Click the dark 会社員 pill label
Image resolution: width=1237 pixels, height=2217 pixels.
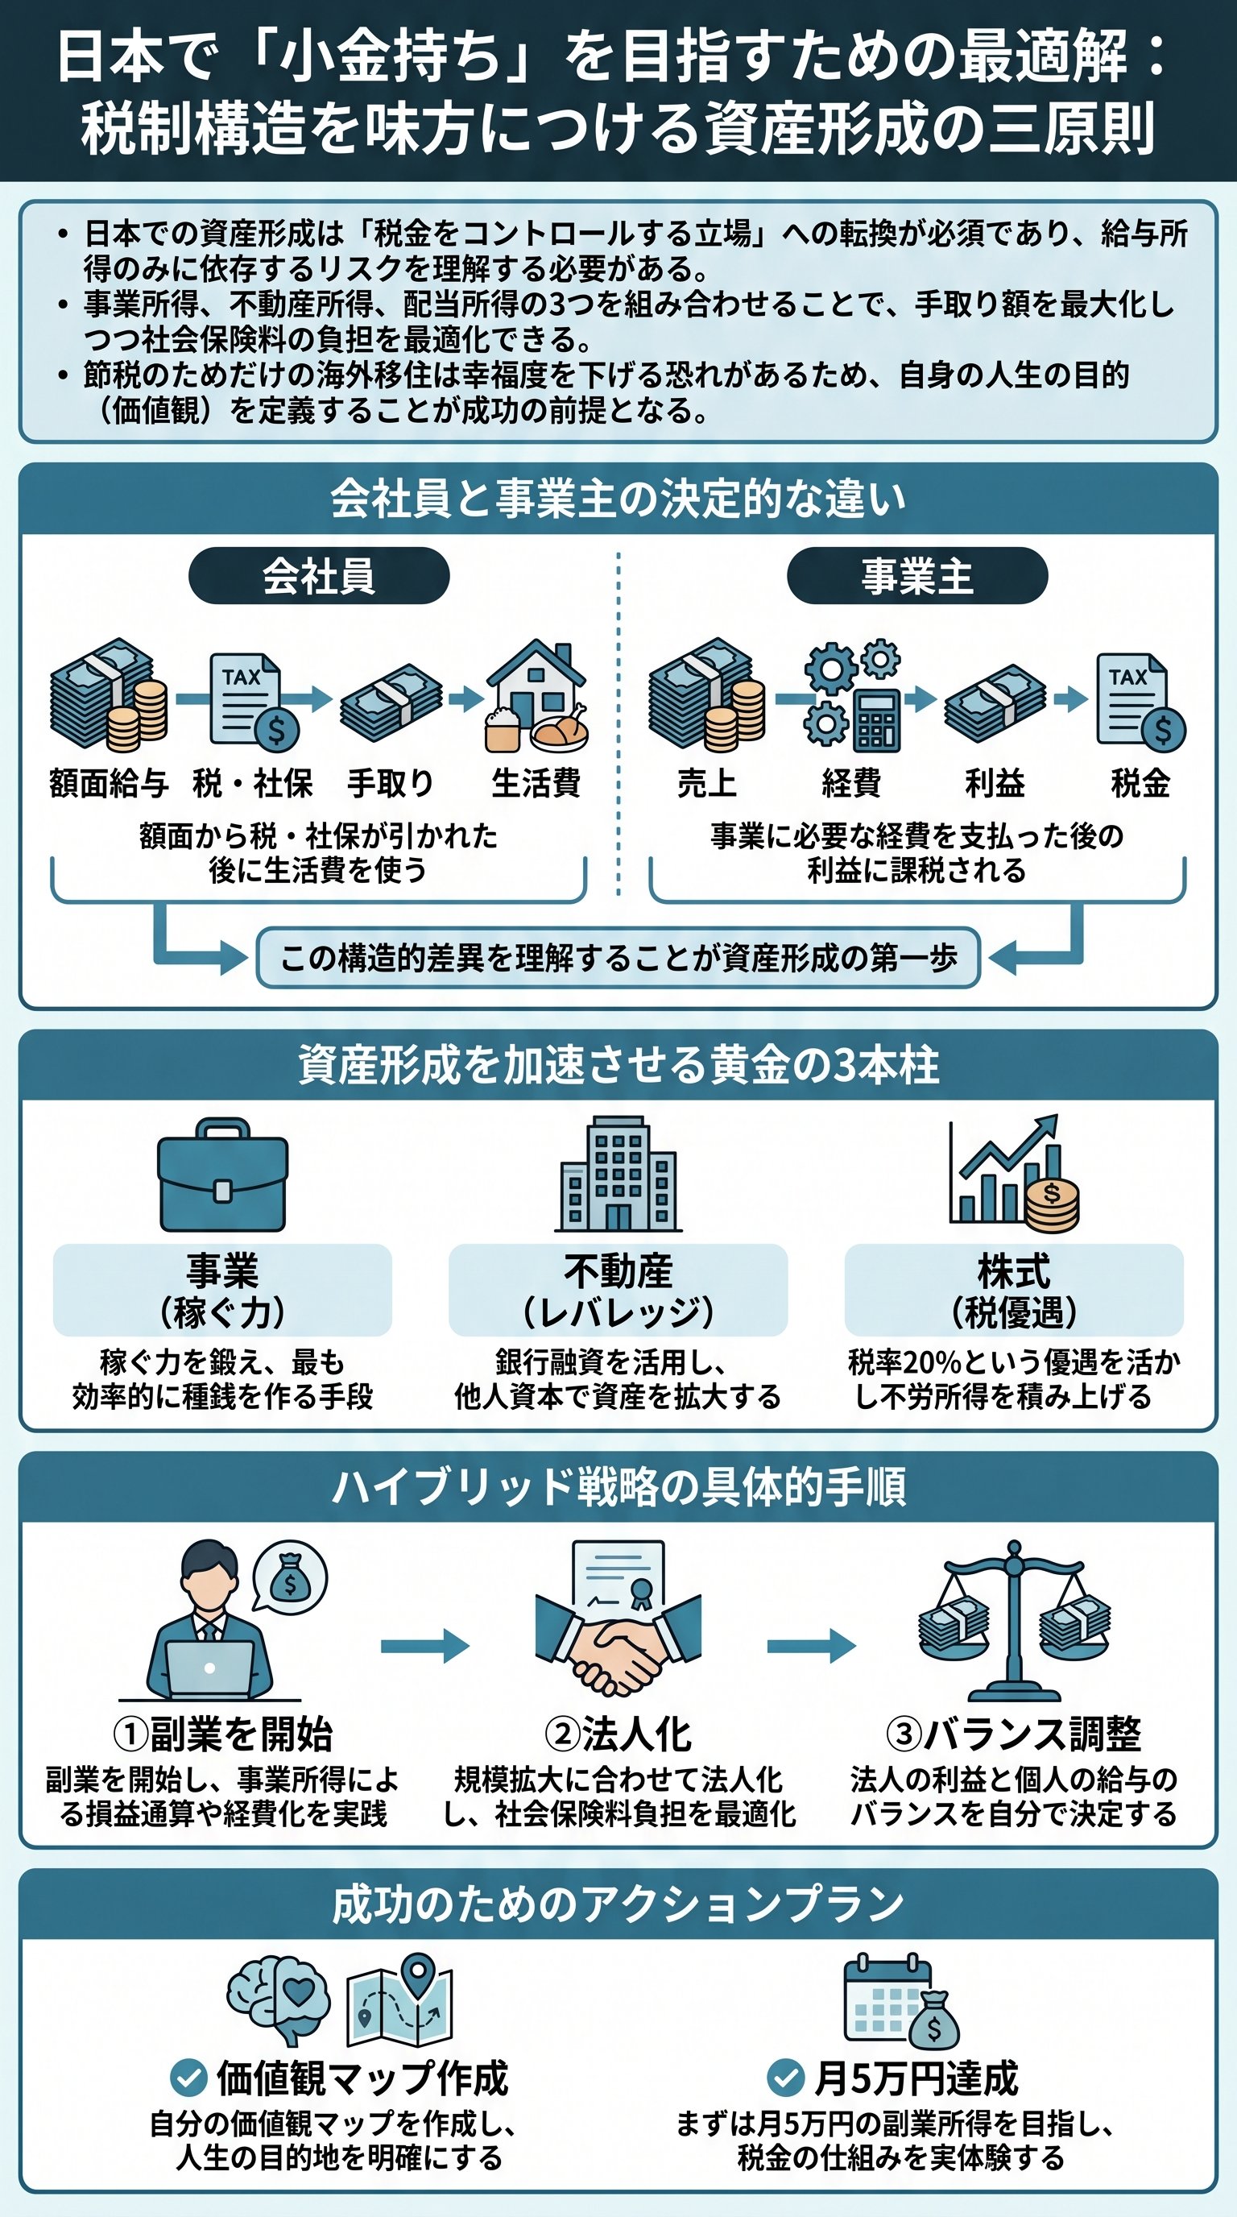point(318,576)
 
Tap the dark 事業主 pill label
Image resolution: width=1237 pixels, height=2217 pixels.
point(917,576)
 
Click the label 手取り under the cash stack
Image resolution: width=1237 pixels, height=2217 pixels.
point(390,783)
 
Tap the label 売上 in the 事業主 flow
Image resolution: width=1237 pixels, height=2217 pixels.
point(706,783)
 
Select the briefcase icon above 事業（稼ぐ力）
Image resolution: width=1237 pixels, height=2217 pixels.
point(222,1175)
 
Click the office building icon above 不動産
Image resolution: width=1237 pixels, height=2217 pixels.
point(618,1174)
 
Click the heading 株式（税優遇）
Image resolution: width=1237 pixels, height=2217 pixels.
point(1013,1291)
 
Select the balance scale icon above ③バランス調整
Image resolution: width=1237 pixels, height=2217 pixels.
point(1013,1623)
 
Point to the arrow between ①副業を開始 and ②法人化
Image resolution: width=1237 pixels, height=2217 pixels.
point(424,1646)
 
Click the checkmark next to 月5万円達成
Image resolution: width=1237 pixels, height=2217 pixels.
point(784,2078)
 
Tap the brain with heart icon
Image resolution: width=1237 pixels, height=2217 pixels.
point(279,1997)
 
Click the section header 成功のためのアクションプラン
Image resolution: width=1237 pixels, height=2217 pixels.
point(618,1904)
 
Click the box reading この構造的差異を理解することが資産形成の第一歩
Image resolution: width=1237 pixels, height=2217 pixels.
point(618,958)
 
